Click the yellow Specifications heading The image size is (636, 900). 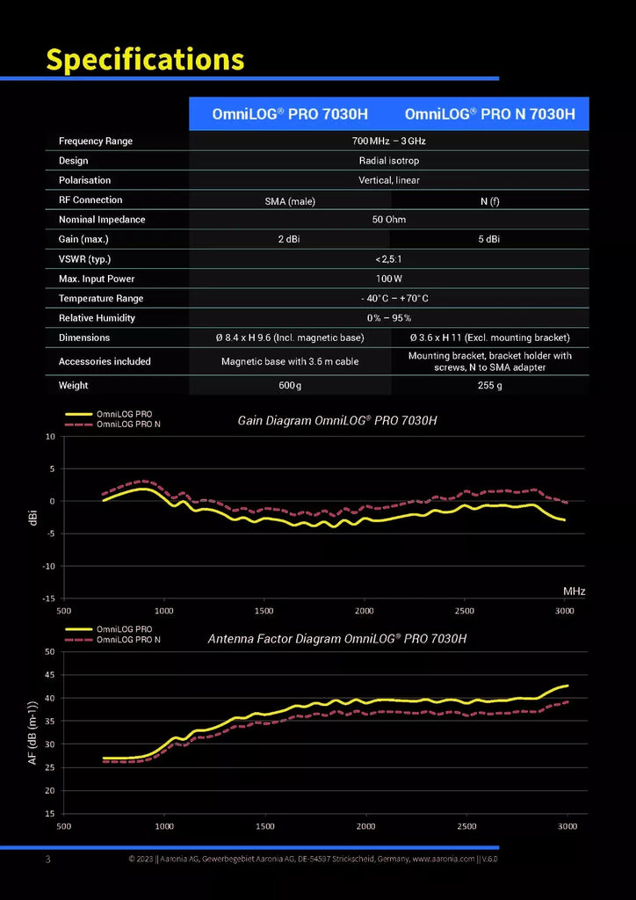(145, 59)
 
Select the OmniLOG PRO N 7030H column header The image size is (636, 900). (490, 113)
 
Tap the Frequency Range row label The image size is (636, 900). (95, 142)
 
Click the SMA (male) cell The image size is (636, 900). (289, 201)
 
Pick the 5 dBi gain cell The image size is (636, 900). (489, 239)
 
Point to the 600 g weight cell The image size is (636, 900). (289, 386)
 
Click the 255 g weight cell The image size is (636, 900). (490, 386)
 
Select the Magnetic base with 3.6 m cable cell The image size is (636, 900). (290, 361)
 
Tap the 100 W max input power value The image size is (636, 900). (389, 279)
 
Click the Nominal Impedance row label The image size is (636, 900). (102, 220)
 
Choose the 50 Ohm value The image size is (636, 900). (389, 220)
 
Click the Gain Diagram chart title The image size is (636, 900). (337, 421)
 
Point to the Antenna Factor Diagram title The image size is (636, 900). (336, 638)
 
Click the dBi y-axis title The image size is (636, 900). (34, 518)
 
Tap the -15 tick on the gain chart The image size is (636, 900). (48, 599)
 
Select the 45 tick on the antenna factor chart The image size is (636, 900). (50, 675)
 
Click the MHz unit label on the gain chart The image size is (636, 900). (574, 591)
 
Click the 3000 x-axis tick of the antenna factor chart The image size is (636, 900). (567, 826)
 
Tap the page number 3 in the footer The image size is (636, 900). (48, 860)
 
